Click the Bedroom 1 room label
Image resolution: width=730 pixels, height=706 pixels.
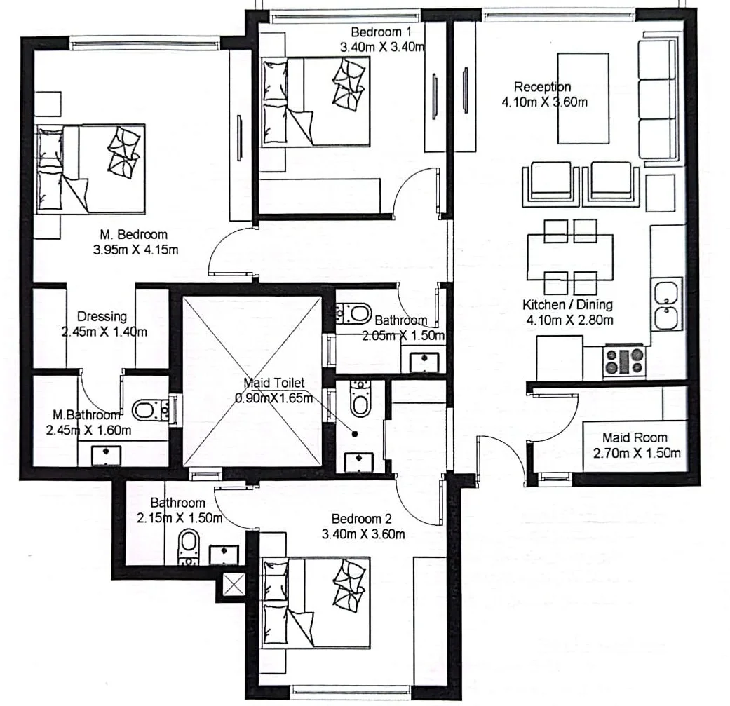[x=381, y=32]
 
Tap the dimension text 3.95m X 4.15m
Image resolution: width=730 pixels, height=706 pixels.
[x=135, y=250]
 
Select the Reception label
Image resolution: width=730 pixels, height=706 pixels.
[x=542, y=86]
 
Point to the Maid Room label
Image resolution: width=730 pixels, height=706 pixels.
[x=635, y=437]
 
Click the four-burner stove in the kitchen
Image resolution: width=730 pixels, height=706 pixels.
[x=624, y=362]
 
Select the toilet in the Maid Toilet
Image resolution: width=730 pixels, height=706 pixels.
[x=360, y=398]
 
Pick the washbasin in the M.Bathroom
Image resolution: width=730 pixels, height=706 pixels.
[x=106, y=455]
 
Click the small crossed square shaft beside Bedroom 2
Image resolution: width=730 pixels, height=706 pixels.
[x=234, y=585]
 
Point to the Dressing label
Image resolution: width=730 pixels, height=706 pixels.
[x=102, y=316]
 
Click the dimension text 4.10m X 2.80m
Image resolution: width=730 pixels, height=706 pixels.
[x=569, y=320]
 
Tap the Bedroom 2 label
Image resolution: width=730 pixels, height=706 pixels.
[x=362, y=518]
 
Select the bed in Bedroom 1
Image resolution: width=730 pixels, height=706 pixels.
[x=316, y=102]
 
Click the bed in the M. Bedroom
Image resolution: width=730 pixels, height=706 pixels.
[x=90, y=168]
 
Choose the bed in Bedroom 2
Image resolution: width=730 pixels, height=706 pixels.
[x=316, y=603]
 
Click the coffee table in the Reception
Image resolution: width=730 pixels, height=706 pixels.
[x=583, y=98]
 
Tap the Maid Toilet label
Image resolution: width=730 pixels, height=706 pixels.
[x=273, y=383]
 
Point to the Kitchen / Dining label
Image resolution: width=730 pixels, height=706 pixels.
[x=567, y=305]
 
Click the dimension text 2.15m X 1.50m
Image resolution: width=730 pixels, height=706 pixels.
[x=180, y=518]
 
